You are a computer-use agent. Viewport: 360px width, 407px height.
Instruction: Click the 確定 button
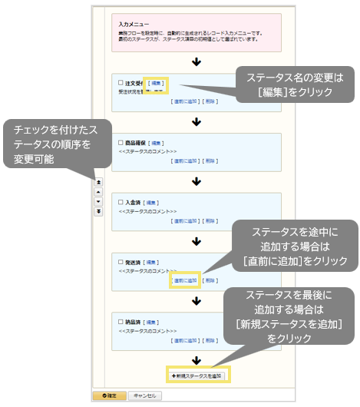(x=109, y=395)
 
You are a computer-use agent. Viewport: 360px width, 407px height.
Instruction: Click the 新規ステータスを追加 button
(x=197, y=376)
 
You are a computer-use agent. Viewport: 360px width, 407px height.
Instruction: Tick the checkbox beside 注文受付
(x=121, y=83)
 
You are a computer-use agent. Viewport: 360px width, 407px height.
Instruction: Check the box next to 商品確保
(x=121, y=143)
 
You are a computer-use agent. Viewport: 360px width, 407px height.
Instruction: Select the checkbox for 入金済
(x=121, y=202)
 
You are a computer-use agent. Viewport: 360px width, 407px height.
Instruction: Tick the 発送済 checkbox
(x=121, y=262)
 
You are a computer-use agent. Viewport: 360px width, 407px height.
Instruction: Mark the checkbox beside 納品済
(x=121, y=322)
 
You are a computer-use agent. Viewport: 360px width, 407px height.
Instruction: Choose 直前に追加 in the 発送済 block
(x=185, y=281)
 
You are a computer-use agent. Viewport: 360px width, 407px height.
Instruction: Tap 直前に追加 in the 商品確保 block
(x=185, y=161)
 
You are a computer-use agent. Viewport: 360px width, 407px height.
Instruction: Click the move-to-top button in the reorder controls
(x=98, y=183)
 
